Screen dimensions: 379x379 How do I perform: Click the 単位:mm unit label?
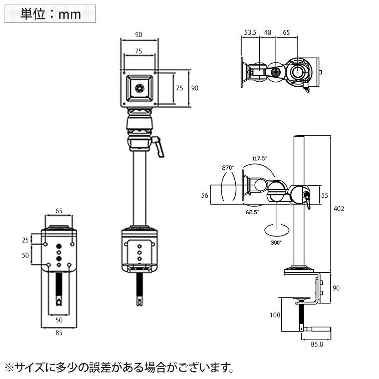50,14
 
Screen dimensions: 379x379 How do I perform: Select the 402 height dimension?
338,208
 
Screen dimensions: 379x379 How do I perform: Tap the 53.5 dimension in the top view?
250,32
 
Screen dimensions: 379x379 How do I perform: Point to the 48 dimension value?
268,32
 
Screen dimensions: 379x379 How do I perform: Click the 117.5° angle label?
259,158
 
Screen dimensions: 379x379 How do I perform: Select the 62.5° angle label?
252,212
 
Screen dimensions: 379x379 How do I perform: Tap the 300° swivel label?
276,242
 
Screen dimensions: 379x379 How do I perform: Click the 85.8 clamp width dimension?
316,344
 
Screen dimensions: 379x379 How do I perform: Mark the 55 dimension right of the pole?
325,195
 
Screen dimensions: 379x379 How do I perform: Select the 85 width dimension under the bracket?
58,333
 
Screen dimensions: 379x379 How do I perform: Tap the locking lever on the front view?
159,147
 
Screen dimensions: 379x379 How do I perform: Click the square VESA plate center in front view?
140,87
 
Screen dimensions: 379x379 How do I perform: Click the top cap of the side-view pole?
298,137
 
